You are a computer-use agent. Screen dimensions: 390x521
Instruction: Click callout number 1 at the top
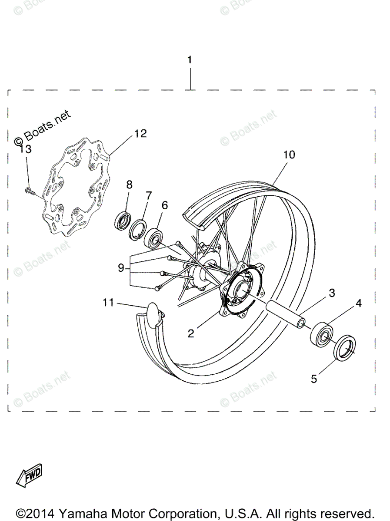pos(190,60)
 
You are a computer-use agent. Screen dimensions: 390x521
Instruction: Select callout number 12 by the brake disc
pos(140,134)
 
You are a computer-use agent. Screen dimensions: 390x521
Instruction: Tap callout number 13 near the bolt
pos(26,149)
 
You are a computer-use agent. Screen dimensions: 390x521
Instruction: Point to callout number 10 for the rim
pos(289,154)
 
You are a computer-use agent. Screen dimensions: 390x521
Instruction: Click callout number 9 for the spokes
pos(121,268)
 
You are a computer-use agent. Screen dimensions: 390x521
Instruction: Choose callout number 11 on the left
pos(108,302)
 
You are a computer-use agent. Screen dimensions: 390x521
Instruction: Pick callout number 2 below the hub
pos(190,333)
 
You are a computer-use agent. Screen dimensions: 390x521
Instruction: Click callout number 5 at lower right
pos(314,379)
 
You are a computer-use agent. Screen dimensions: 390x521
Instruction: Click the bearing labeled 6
pos(155,238)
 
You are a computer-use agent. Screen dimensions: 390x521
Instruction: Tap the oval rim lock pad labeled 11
pos(153,312)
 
